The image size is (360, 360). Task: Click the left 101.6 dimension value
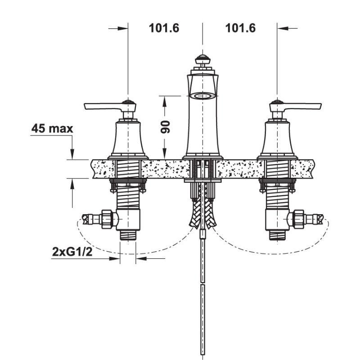click(x=164, y=28)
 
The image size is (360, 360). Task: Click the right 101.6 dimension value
click(x=240, y=28)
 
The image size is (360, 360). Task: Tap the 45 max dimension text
click(x=52, y=129)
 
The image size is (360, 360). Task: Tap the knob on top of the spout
click(x=202, y=59)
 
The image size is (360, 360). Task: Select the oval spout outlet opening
click(x=202, y=96)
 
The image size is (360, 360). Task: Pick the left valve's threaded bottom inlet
click(x=128, y=235)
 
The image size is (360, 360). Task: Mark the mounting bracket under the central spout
click(x=202, y=181)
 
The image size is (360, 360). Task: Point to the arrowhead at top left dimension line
click(x=124, y=28)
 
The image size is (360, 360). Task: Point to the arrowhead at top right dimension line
click(x=281, y=28)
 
